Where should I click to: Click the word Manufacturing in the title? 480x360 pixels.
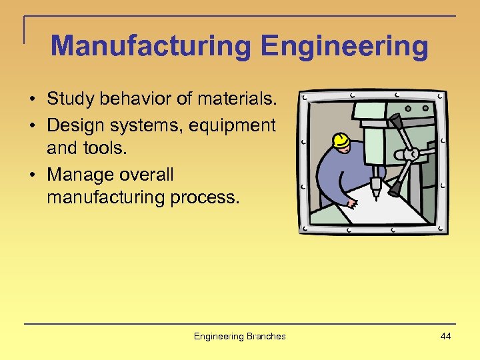[151, 47]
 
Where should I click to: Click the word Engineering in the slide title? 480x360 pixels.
[345, 47]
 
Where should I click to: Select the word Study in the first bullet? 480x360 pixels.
[69, 99]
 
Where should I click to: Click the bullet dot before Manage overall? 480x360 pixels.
[32, 175]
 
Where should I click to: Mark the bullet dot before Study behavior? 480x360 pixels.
[32, 100]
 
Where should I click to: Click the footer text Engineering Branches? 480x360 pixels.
[239, 336]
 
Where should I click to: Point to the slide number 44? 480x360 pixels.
[445, 336]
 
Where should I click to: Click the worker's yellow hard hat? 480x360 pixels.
[341, 141]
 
